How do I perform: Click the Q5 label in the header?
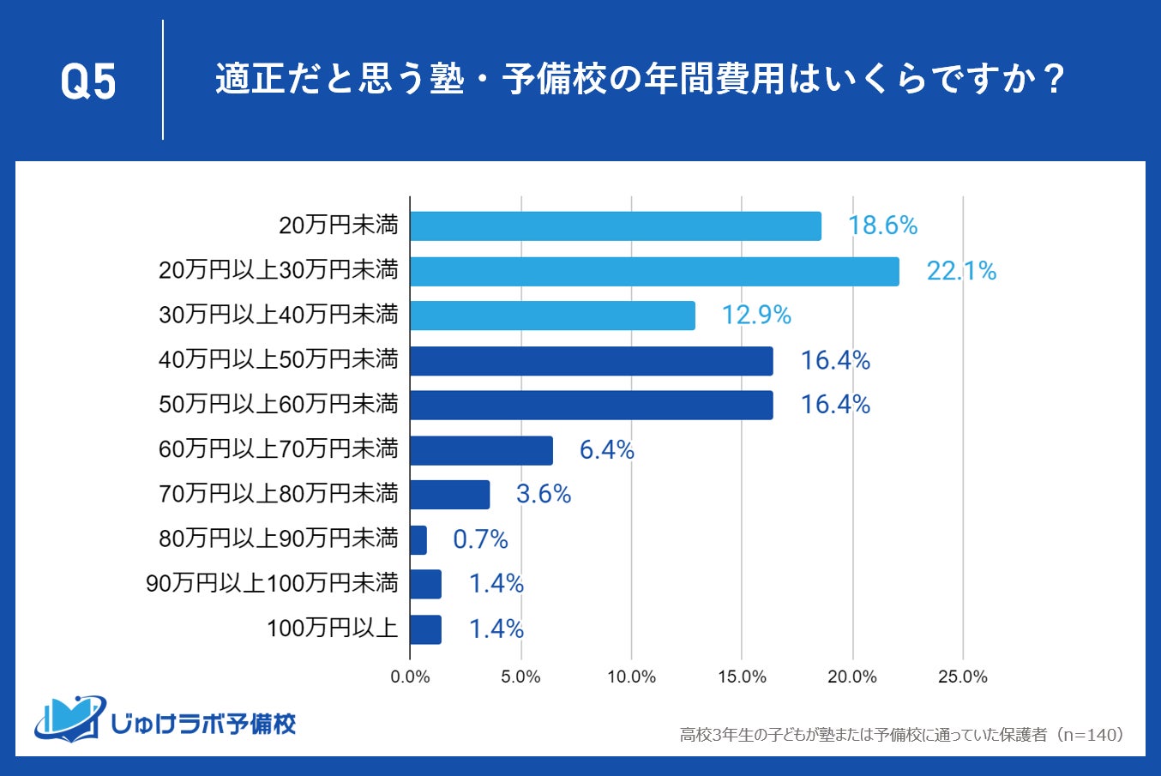[x=88, y=82]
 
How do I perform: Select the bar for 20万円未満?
[x=616, y=226]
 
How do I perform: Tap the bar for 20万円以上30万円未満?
[x=654, y=272]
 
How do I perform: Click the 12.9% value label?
[x=755, y=316]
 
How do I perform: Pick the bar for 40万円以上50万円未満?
[x=591, y=361]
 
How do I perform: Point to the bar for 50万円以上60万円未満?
[x=591, y=406]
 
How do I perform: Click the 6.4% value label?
[x=606, y=450]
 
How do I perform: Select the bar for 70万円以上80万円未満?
[x=449, y=495]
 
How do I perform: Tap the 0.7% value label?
[x=480, y=539]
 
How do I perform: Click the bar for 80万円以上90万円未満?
[x=418, y=540]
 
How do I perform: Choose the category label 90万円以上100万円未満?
[x=273, y=584]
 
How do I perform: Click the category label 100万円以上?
[x=332, y=629]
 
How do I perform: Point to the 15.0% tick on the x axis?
[x=742, y=677]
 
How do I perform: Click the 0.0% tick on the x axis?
[x=410, y=677]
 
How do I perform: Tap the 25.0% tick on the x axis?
[x=962, y=677]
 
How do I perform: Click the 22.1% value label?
[x=961, y=272]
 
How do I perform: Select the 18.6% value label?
[x=882, y=226]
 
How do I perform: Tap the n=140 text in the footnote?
[x=1093, y=736]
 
